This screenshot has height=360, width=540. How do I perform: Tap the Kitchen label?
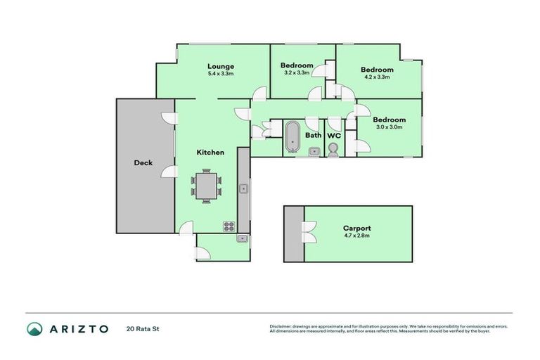[x=210, y=152]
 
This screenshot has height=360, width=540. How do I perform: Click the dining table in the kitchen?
[x=206, y=186]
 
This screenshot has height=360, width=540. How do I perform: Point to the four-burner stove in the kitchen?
[x=229, y=226]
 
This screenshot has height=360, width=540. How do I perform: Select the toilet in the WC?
[x=333, y=149]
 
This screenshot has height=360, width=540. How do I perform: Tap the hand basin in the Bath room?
[x=314, y=150]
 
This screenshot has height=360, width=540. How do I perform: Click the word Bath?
[x=313, y=135]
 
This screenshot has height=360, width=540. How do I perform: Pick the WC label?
[x=334, y=135]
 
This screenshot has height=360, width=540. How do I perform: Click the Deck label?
[x=143, y=163]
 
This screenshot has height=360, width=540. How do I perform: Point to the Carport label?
[x=356, y=229]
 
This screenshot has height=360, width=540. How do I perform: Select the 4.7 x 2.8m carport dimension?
[x=356, y=236]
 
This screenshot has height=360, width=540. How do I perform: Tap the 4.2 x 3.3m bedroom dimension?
[x=377, y=77]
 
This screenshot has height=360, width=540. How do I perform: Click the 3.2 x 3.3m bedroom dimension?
[x=297, y=73]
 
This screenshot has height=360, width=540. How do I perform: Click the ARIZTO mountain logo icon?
[x=34, y=328]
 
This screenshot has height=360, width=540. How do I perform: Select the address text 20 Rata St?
[x=140, y=328]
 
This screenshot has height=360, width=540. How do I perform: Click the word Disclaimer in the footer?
[x=281, y=326]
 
